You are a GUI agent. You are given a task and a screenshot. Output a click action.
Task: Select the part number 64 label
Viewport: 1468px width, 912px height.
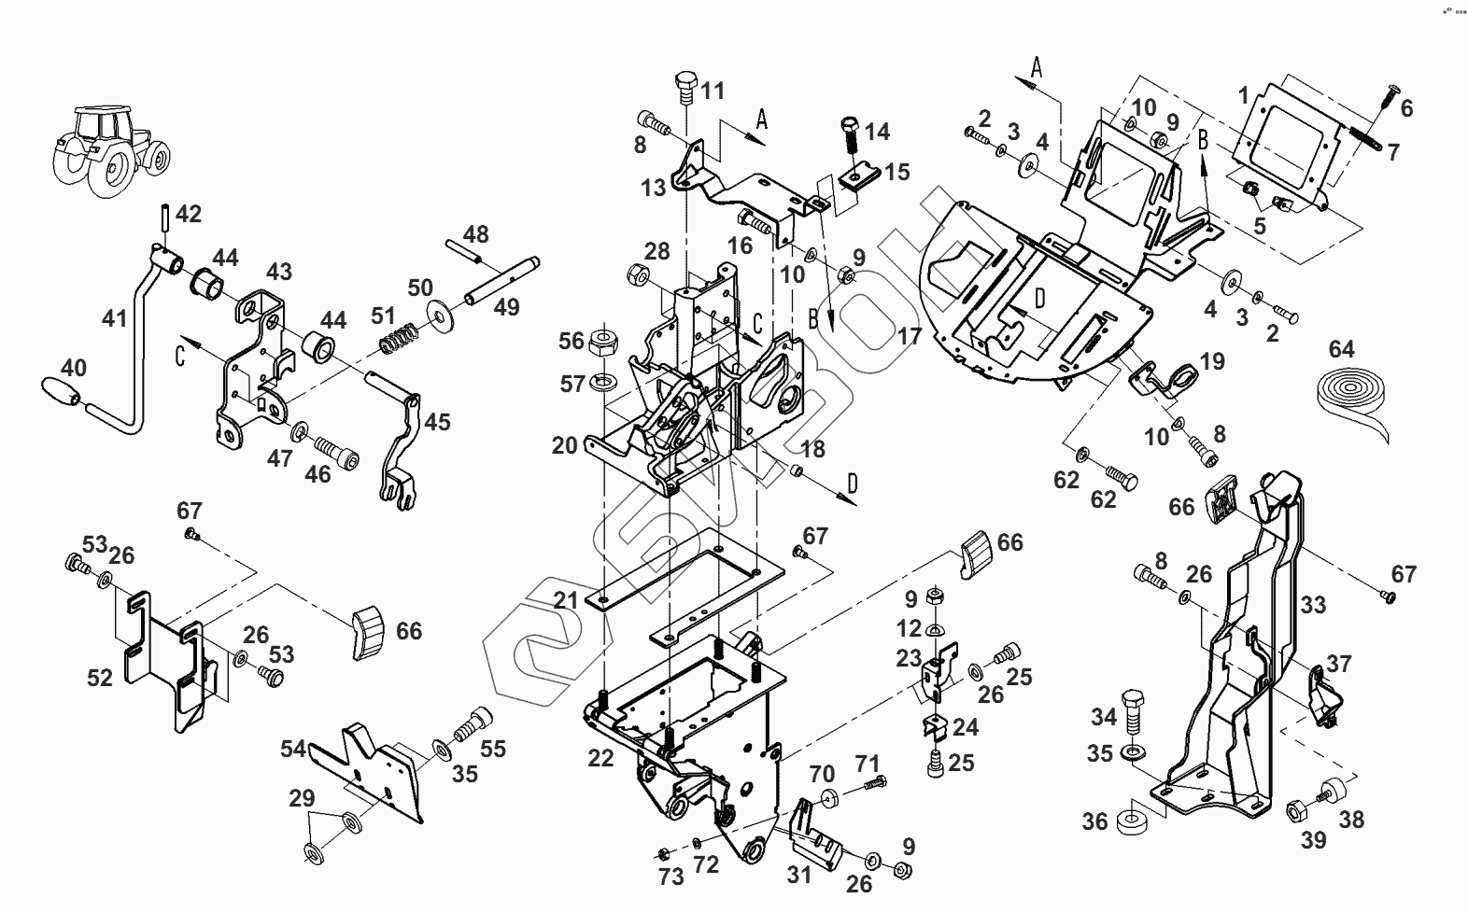click(x=1341, y=349)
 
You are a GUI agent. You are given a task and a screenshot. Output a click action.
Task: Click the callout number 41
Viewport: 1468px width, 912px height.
click(x=114, y=319)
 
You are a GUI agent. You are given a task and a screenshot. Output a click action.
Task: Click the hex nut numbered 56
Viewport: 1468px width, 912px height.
click(x=601, y=342)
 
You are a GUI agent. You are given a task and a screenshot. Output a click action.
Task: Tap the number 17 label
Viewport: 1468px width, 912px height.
click(x=909, y=335)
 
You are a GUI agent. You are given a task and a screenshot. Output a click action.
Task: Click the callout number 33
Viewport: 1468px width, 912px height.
click(x=1313, y=605)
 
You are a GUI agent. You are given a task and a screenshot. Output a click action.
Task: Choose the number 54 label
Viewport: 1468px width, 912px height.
click(x=293, y=749)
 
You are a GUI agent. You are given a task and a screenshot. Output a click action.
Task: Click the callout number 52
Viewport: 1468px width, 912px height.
click(x=100, y=678)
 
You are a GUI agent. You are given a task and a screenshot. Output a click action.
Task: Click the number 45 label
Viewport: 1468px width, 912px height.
click(x=437, y=422)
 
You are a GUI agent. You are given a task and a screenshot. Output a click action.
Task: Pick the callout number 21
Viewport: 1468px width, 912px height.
click(x=564, y=600)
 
